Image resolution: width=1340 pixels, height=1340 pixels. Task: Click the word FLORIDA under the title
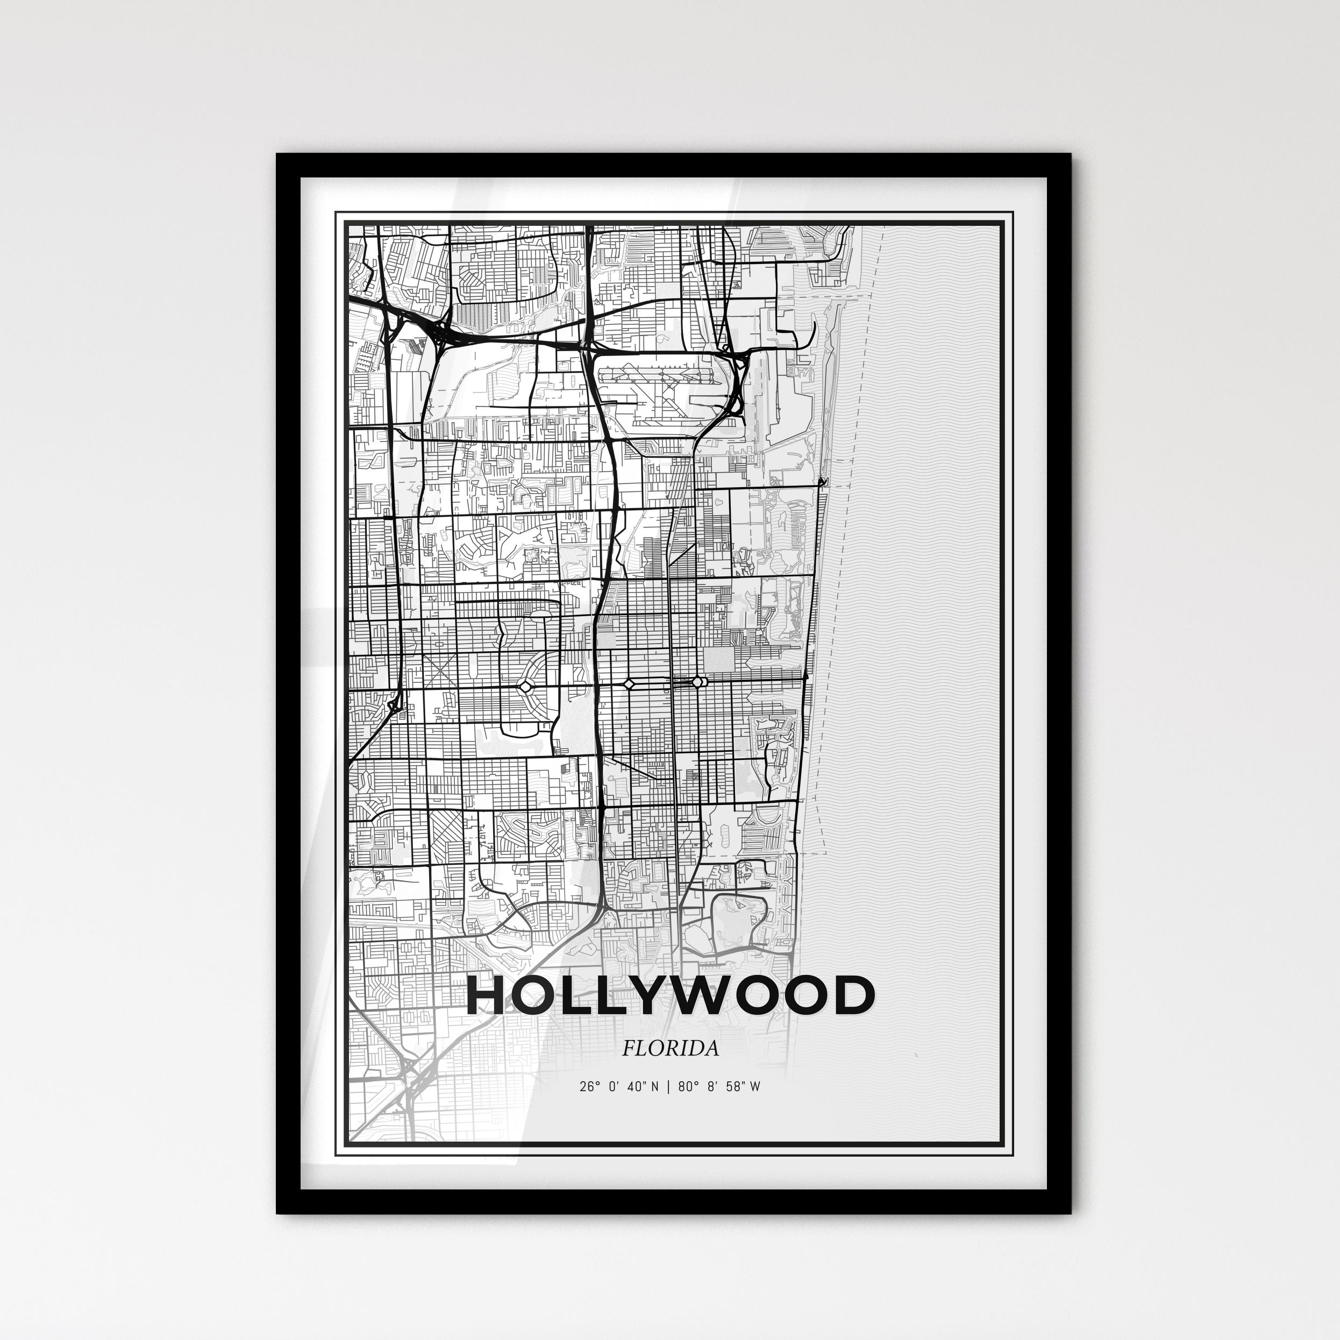coord(670,1049)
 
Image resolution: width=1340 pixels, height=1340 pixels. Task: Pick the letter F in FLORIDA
coord(628,1049)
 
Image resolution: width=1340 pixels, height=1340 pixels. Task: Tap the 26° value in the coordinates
coord(589,1087)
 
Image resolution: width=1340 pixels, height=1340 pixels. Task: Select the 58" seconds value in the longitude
coord(732,1087)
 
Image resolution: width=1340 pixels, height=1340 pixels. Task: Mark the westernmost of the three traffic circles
coord(525,687)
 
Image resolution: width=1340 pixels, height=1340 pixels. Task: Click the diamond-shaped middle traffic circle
coord(629,684)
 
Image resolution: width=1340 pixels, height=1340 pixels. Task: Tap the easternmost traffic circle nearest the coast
coord(696,682)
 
